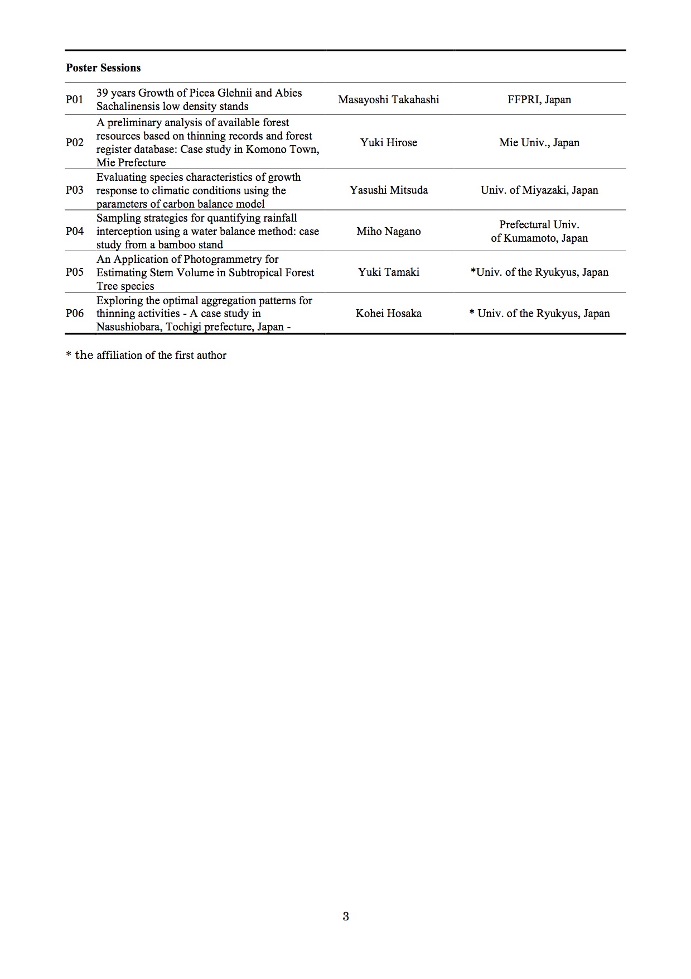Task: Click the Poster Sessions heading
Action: (103, 68)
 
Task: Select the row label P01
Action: (74, 100)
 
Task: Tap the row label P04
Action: (74, 231)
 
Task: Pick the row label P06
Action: (74, 313)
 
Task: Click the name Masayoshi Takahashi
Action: (388, 100)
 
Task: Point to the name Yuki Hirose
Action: (388, 142)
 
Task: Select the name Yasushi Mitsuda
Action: (388, 190)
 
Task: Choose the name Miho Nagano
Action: (388, 231)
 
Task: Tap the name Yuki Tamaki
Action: (388, 272)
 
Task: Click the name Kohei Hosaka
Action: (388, 313)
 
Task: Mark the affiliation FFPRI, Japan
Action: (539, 100)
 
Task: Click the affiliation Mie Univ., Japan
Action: (539, 142)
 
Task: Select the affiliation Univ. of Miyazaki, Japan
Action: (539, 190)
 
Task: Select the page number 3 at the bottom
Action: (345, 916)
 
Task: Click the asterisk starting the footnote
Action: (69, 356)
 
